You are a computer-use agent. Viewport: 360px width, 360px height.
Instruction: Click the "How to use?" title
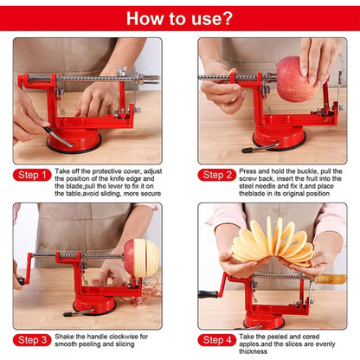coord(179,17)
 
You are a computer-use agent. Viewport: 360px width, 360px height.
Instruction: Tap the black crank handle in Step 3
coord(20,280)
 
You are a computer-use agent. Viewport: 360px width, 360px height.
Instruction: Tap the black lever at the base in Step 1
coord(57,137)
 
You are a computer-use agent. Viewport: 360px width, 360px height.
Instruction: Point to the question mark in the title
coord(228,17)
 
